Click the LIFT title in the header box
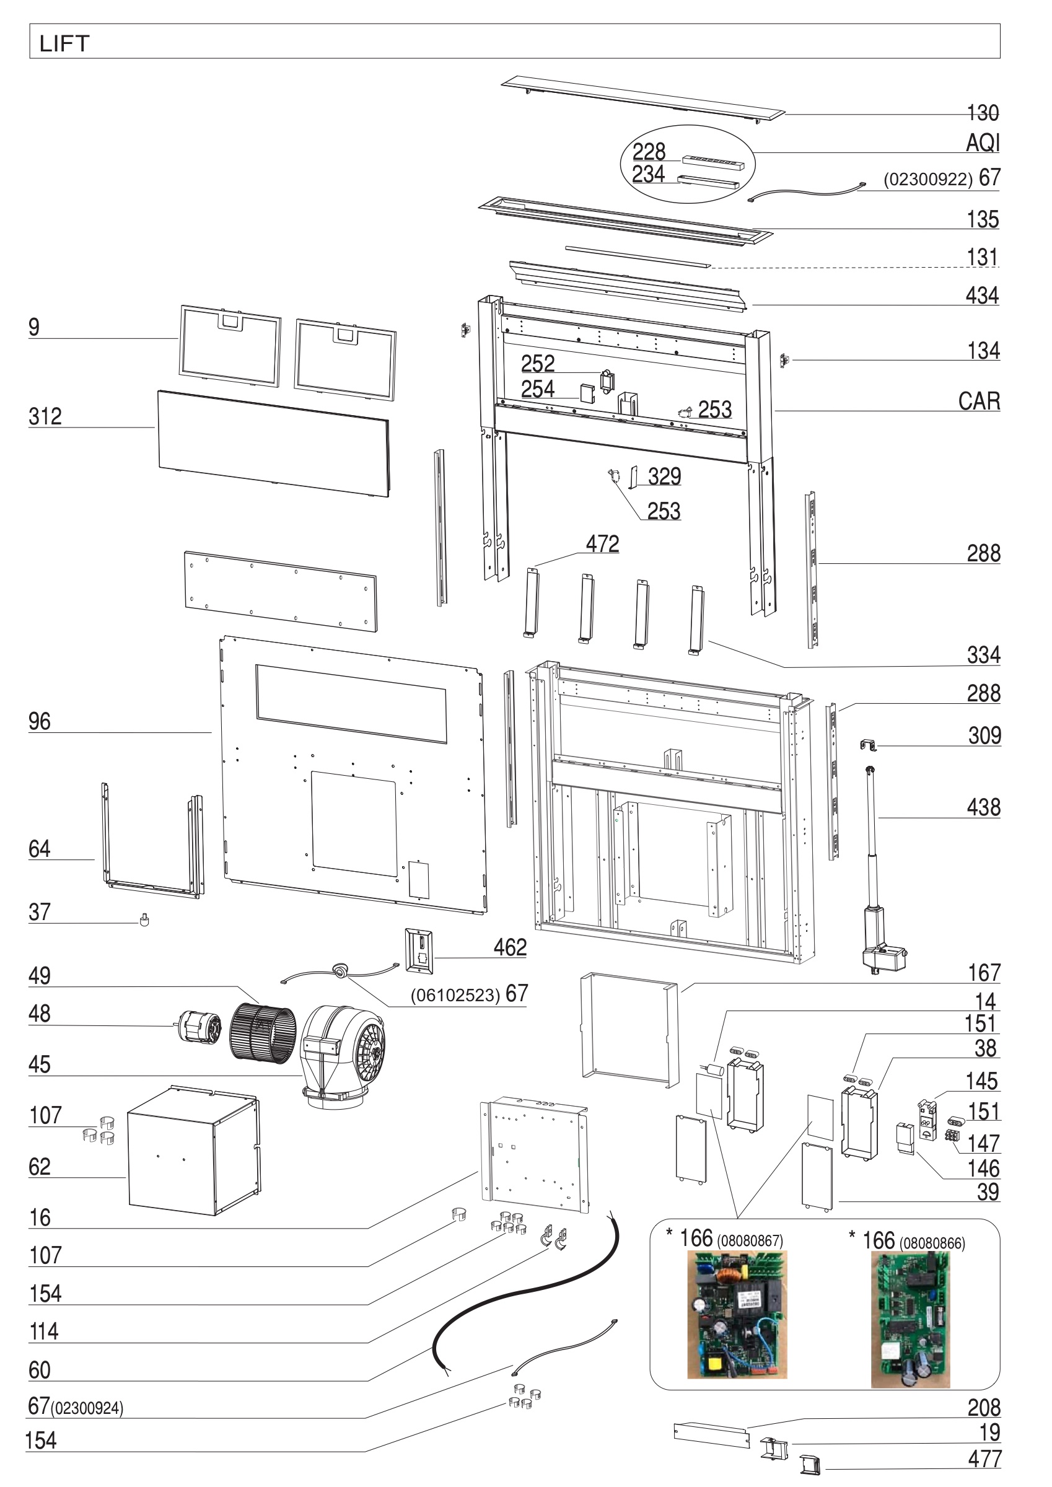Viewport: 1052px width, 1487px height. click(64, 43)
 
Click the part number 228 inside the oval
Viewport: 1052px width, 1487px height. click(649, 152)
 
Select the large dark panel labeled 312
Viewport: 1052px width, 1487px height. click(273, 443)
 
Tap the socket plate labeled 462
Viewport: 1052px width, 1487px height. click(418, 950)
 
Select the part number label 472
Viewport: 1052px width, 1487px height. click(602, 544)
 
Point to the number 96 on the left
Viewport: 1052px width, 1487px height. click(39, 721)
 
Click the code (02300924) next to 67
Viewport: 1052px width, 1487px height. click(87, 1408)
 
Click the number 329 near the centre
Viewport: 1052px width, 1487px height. click(664, 476)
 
